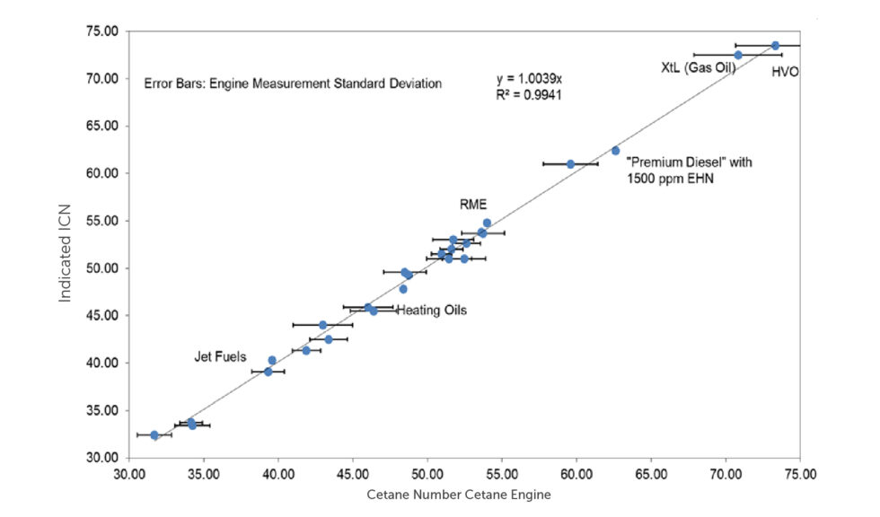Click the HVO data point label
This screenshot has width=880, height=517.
786,73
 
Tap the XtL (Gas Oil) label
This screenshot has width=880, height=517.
699,67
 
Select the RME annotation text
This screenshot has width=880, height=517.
473,205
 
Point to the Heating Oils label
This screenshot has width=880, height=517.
431,311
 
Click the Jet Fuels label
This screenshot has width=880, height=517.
220,356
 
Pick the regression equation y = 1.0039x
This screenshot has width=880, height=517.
529,79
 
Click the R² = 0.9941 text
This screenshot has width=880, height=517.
529,93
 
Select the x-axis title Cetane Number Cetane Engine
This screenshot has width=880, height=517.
459,495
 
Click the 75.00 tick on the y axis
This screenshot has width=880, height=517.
101,31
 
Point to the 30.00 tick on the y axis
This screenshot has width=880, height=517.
101,458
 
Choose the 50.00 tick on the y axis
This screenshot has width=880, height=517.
101,268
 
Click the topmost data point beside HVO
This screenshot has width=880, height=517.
775,45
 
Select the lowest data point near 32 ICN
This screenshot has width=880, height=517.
154,434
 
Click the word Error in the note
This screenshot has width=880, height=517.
160,83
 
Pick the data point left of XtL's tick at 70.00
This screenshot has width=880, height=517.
738,55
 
